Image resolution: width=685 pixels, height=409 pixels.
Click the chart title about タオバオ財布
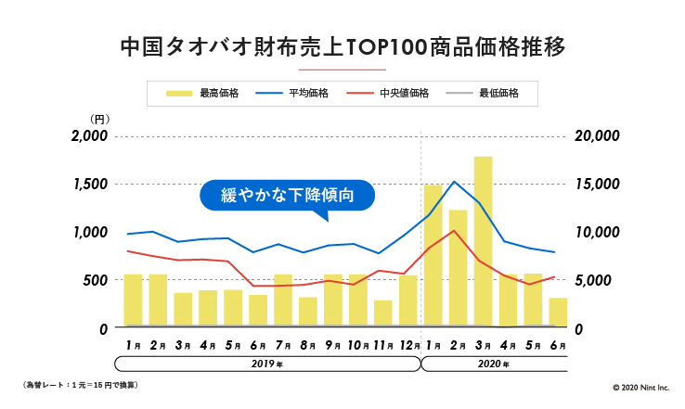pos(342,45)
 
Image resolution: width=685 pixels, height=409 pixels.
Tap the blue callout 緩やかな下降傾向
pos(288,197)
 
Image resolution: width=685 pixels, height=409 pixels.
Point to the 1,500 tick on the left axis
pos(89,184)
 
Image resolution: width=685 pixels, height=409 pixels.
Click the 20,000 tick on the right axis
pos(596,135)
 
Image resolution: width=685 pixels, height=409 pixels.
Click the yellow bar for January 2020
pos(433,255)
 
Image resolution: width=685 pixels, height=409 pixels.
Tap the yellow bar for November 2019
pos(382,313)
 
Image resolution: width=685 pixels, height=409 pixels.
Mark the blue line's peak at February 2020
pos(454,182)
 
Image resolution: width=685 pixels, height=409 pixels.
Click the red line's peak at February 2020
pos(454,230)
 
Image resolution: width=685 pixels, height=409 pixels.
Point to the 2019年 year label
pos(266,364)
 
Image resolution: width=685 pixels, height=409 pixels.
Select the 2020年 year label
pos(494,364)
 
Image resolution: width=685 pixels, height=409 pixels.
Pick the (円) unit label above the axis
pos(100,120)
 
